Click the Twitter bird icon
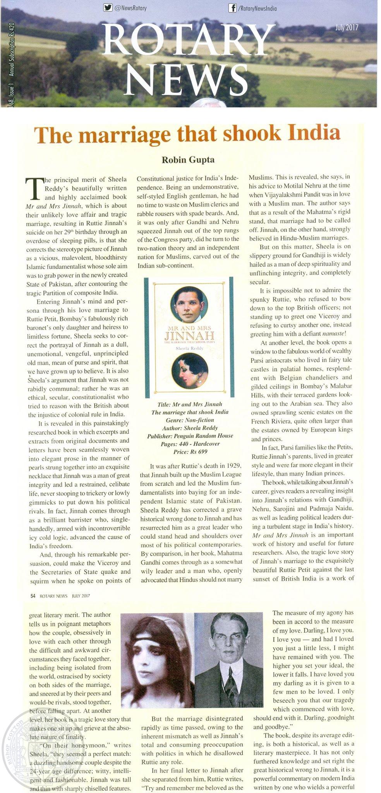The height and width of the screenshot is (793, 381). [x=107, y=7]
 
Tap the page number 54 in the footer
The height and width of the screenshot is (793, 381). [x=33, y=596]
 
